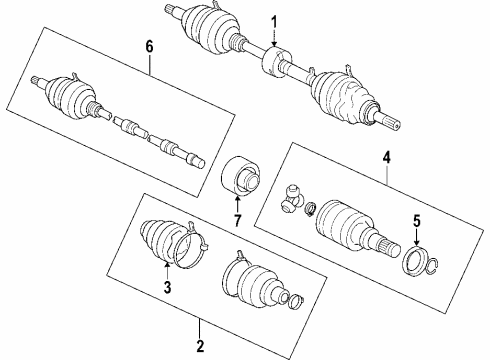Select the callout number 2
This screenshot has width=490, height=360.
tap(199, 347)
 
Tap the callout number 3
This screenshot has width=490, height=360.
tap(167, 287)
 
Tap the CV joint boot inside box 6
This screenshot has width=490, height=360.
tap(71, 95)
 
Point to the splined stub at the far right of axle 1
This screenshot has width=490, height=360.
tap(391, 123)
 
